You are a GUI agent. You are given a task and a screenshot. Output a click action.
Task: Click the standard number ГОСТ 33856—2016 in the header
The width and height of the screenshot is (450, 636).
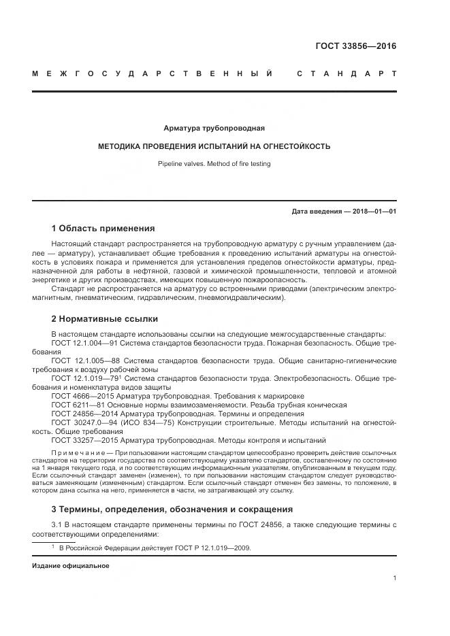[x=355, y=47]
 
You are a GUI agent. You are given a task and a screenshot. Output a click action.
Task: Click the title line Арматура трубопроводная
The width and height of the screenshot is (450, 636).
[x=214, y=128]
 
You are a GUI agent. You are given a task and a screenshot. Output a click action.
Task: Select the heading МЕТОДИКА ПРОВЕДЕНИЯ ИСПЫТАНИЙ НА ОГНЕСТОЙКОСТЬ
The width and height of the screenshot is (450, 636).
[x=214, y=146]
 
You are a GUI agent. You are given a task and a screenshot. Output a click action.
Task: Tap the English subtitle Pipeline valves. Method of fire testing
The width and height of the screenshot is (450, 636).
[x=214, y=164]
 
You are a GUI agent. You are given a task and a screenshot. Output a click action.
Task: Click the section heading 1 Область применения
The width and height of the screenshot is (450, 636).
[x=103, y=229]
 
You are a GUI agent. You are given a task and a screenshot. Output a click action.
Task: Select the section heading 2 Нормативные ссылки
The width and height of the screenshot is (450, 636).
[x=104, y=318]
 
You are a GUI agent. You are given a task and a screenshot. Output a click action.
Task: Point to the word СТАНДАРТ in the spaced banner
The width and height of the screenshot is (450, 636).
[x=347, y=73]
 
